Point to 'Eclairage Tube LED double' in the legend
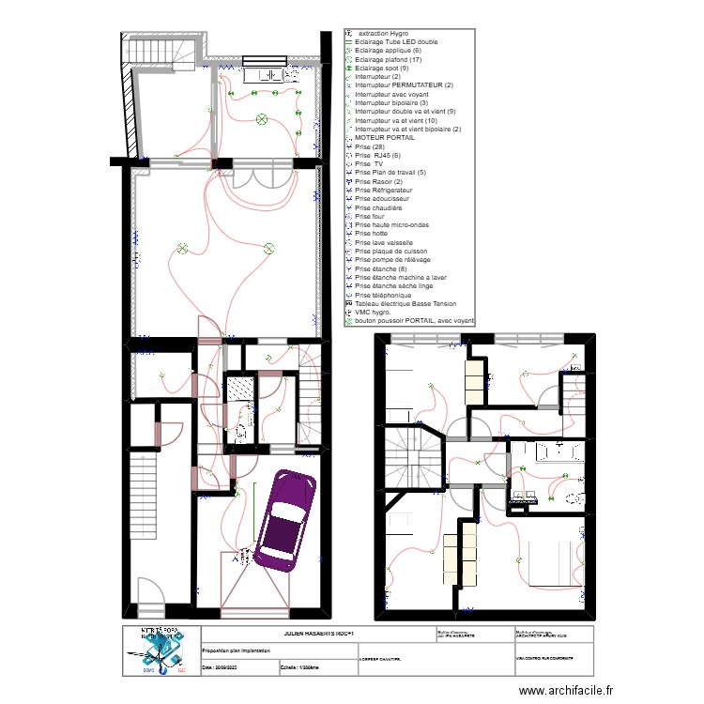coord(395,42)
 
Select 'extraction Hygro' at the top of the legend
coord(384,33)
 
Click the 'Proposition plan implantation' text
coord(240,649)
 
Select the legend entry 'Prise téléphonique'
coord(385,295)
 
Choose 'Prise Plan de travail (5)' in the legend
coord(390,173)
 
